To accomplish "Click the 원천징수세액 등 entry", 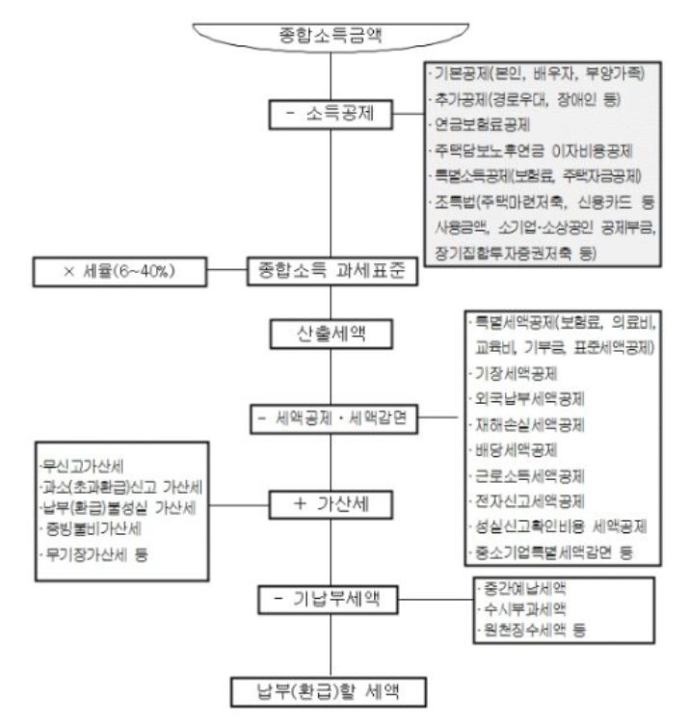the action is coord(525,632).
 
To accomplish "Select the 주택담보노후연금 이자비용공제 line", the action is coord(533,152).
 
